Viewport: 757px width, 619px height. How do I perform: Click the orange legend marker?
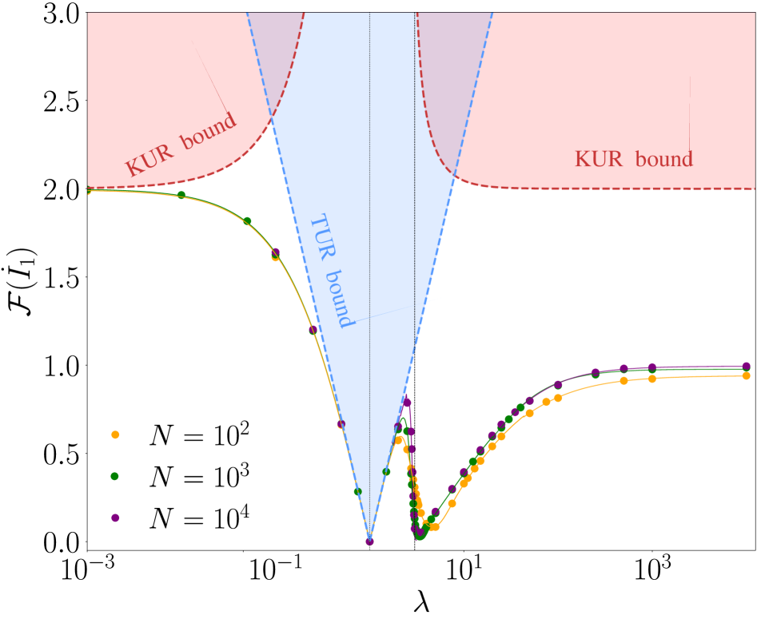click(115, 434)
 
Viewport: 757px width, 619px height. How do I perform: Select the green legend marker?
click(114, 476)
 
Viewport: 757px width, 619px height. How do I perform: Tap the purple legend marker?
click(115, 518)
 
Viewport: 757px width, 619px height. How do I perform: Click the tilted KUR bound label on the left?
click(181, 145)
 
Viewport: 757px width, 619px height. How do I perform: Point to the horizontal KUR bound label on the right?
click(633, 159)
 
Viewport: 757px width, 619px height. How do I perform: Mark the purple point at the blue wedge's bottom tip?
click(369, 541)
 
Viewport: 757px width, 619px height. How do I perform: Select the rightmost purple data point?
click(746, 366)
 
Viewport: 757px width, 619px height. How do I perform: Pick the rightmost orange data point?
click(746, 375)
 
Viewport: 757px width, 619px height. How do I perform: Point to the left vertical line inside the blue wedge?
click(369, 240)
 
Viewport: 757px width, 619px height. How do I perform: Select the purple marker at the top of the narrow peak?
click(407, 402)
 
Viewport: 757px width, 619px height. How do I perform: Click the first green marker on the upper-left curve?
click(181, 195)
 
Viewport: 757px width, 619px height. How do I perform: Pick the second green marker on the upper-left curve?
click(247, 221)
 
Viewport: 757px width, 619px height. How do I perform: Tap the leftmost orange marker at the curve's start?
click(88, 191)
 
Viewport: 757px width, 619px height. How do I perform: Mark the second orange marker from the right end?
click(651, 379)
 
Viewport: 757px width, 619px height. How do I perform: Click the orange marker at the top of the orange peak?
click(399, 440)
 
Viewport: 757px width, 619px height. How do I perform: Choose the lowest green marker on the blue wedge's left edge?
click(357, 491)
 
